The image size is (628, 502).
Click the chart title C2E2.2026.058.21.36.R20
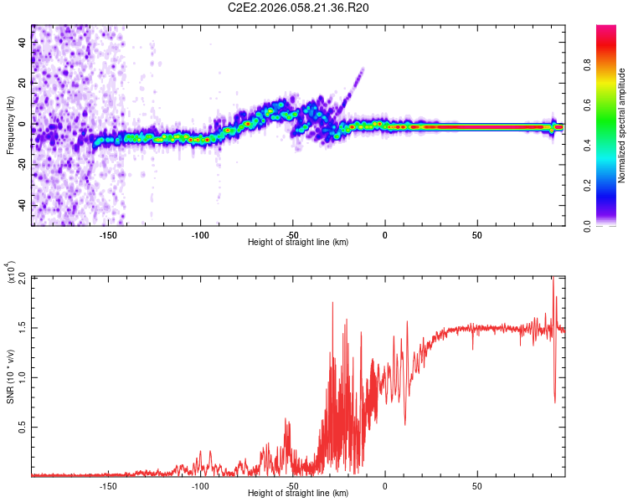(299, 8)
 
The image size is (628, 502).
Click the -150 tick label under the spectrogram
(108, 235)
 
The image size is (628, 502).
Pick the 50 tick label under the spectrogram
(476, 235)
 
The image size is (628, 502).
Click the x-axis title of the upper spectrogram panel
(299, 243)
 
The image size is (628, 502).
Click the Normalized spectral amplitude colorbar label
(621, 125)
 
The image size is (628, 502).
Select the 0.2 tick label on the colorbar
(610, 186)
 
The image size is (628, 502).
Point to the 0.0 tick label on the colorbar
(610, 224)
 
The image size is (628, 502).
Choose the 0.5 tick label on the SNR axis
(23, 426)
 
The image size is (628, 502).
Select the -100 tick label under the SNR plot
(200, 485)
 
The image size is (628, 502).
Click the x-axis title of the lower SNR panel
(299, 493)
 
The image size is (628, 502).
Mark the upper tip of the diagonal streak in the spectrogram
(363, 69)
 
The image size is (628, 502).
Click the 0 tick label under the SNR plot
(385, 485)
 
